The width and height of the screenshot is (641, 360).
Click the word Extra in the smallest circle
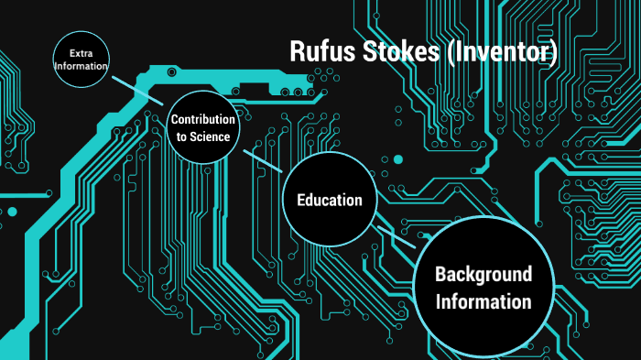(x=81, y=54)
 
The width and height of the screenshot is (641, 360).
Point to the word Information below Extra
(x=81, y=67)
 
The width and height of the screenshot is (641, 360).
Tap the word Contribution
(x=203, y=120)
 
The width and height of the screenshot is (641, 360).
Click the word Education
(x=329, y=200)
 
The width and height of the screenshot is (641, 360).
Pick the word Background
(x=483, y=274)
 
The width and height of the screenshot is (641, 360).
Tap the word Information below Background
(x=483, y=301)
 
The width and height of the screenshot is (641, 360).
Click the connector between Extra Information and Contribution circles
(x=136, y=89)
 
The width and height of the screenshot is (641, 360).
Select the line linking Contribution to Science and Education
(x=263, y=160)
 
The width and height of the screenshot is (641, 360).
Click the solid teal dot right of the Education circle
(x=397, y=160)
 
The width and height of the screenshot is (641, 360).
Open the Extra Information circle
(x=81, y=60)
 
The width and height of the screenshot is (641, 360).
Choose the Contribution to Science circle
(x=203, y=127)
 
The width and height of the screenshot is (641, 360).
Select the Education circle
(x=329, y=200)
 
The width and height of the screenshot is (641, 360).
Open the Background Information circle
(x=483, y=287)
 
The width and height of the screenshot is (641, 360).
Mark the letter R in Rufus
(x=297, y=51)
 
